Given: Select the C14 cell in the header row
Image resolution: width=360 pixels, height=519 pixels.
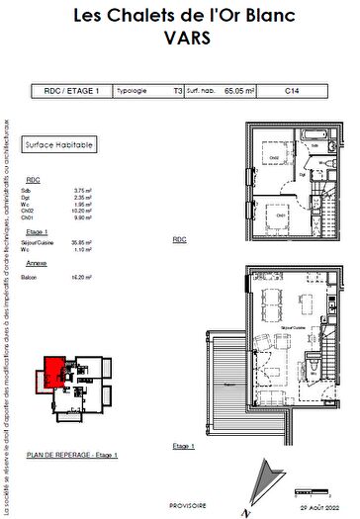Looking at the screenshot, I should pos(292,90).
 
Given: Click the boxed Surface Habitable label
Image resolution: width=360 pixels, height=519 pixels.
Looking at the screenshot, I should pos(60,144).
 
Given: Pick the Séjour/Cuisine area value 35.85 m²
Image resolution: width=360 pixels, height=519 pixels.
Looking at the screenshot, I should pos(82,241).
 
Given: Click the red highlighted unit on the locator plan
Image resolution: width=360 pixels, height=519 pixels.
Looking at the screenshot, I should pos(49,375).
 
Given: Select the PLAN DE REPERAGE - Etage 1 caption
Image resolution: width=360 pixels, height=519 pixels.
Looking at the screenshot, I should pos(72,454).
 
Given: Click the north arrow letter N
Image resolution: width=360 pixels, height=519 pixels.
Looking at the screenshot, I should pos(258,510).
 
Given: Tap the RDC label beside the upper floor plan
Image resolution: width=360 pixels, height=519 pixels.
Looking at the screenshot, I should pos(180,240).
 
